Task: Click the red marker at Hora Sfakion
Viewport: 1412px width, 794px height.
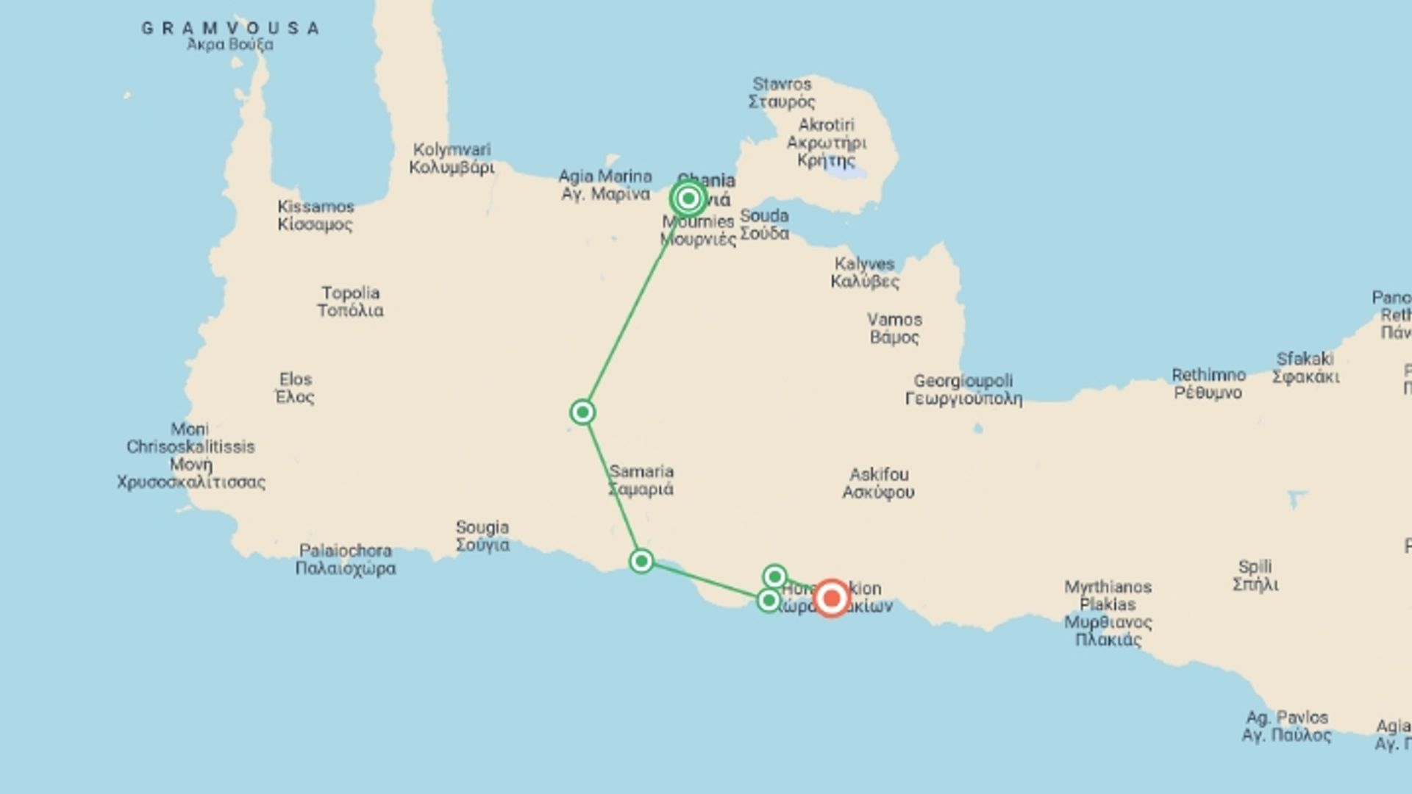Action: [x=832, y=598]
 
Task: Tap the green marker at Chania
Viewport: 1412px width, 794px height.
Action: [x=688, y=198]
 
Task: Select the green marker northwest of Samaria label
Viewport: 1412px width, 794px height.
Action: [x=582, y=412]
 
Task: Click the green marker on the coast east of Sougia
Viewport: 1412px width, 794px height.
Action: [x=641, y=562]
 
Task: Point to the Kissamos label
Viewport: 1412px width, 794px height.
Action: [x=315, y=215]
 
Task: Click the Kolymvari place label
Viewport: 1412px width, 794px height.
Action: [x=452, y=158]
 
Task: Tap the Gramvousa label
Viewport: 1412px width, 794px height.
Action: [x=230, y=29]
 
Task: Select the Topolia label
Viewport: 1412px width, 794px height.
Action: [x=350, y=301]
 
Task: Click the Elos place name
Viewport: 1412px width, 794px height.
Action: [x=295, y=388]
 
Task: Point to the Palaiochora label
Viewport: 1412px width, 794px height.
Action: [x=346, y=559]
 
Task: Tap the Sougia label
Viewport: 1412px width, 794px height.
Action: [x=482, y=536]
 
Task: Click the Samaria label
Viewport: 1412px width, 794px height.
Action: [x=641, y=480]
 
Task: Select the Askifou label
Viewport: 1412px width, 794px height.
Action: [x=879, y=483]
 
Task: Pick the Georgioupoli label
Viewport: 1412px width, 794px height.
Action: [x=963, y=390]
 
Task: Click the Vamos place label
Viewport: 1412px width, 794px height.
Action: [x=894, y=329]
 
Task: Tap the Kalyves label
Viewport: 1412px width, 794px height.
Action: [x=865, y=273]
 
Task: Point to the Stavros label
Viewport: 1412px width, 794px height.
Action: [x=782, y=93]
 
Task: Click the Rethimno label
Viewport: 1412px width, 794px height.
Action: [x=1208, y=384]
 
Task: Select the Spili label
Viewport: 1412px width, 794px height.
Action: [x=1255, y=576]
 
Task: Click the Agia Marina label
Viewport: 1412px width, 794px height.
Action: [x=605, y=185]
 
